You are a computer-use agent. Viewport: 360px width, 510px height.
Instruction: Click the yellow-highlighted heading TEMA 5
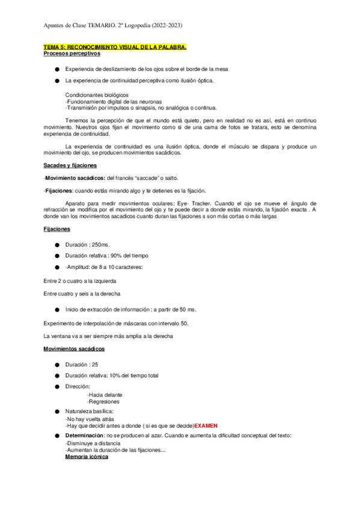tap(115, 46)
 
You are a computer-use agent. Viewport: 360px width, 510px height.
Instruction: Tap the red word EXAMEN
tap(206, 425)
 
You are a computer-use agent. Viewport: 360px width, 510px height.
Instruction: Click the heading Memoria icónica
tap(87, 457)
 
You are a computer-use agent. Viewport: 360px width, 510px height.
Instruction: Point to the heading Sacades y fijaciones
tap(70, 165)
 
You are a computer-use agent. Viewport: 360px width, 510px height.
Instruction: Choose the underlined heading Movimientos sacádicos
tap(74, 349)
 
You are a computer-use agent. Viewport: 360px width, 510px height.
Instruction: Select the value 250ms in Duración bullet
tap(101, 245)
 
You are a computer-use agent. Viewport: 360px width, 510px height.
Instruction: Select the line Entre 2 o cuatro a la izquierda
tap(80, 281)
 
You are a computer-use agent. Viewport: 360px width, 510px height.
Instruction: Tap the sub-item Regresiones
tap(103, 401)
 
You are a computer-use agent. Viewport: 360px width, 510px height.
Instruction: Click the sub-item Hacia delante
tap(104, 395)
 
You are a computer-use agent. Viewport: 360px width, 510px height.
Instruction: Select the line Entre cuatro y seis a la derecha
tap(82, 293)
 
